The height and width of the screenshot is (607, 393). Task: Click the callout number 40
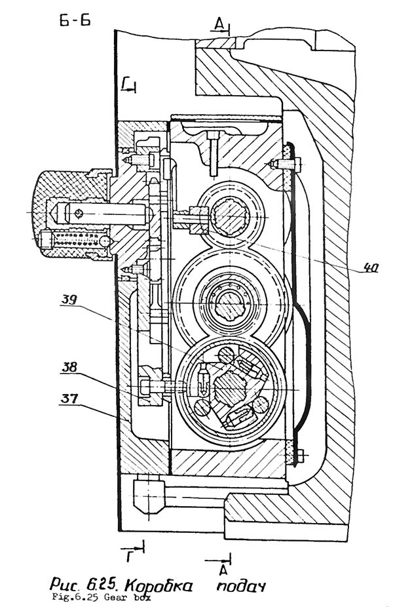tap(369, 267)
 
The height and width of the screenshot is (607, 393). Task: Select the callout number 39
tap(69, 300)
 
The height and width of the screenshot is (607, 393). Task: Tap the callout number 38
tap(69, 367)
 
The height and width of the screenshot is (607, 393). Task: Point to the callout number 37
tap(68, 398)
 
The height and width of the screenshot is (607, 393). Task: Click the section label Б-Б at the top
tap(75, 20)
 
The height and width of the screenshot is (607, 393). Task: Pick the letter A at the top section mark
tap(219, 24)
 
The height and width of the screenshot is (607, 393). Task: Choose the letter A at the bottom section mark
tap(223, 570)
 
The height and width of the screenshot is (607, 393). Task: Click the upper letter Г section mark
tap(124, 83)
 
